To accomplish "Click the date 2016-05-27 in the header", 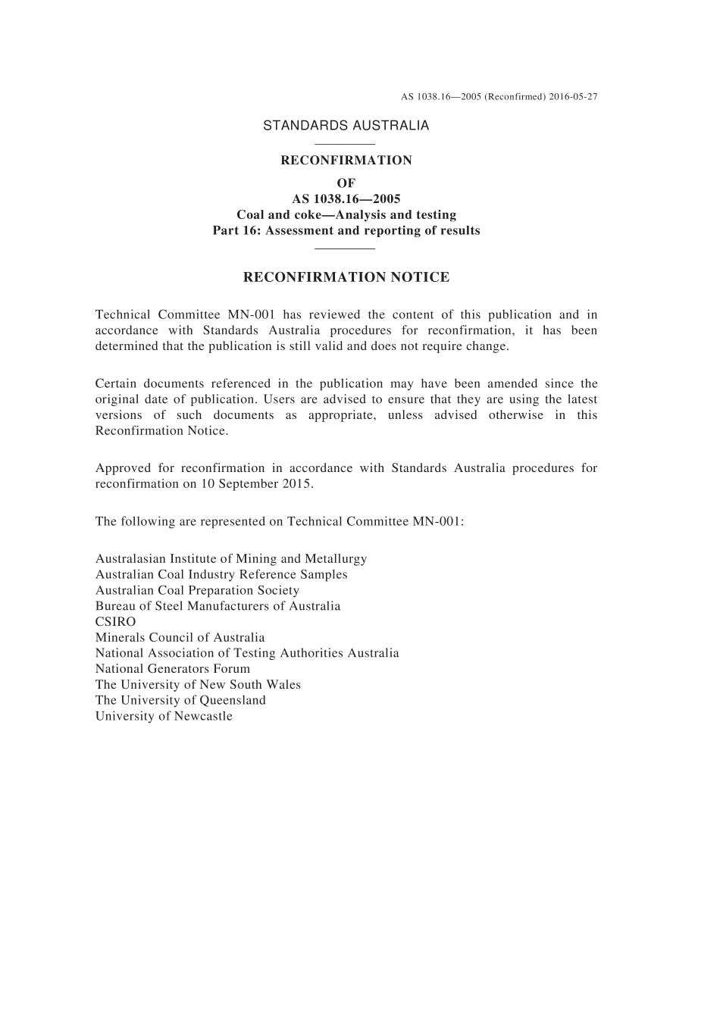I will tap(573, 97).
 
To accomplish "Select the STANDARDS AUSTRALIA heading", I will tap(346, 126).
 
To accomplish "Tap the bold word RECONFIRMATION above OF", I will tap(346, 161).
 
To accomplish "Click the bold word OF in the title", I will tap(346, 183).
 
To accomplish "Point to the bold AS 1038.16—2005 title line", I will tap(346, 199).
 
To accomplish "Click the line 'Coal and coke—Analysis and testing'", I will tap(346, 215).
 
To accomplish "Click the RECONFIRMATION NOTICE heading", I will tap(346, 277).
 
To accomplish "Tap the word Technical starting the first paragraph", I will tap(121, 314).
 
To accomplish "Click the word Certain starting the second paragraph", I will tap(116, 383).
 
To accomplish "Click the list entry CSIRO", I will tap(115, 622).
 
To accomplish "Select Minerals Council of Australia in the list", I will tap(180, 638).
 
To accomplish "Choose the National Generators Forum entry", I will tap(172, 669).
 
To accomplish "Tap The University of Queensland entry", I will tap(180, 701).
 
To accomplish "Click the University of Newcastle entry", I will tap(164, 717).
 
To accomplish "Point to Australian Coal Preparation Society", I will tap(197, 590).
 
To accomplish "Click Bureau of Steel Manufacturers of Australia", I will tap(218, 606).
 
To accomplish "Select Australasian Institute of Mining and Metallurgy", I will tap(230, 559).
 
